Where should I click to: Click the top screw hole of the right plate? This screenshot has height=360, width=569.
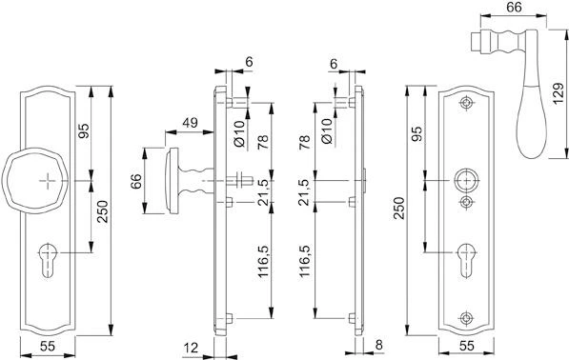[x=465, y=102]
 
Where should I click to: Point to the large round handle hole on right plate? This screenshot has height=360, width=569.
[x=465, y=180]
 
